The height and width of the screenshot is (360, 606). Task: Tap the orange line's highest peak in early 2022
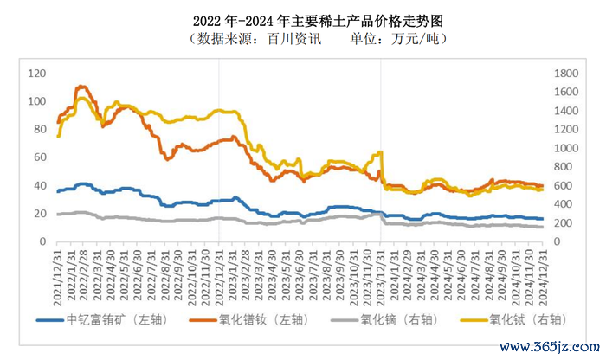pyautogui.click(x=81, y=87)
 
